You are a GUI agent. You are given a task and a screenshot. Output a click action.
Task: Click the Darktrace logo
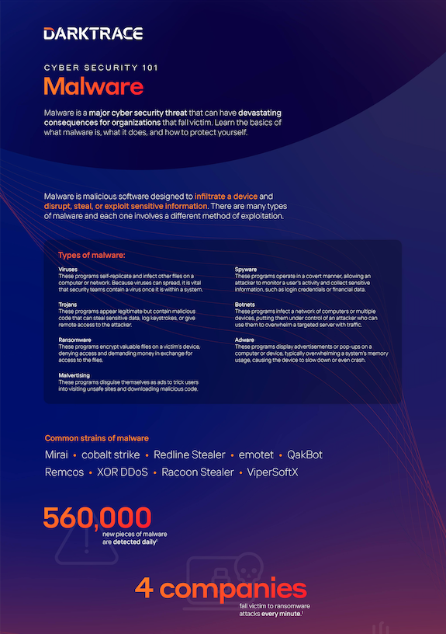(93, 33)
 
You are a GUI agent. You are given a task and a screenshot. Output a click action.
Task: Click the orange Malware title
(93, 84)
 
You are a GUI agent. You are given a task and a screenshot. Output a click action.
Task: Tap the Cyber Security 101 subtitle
(101, 68)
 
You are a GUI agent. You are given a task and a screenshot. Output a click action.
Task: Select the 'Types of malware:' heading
(92, 255)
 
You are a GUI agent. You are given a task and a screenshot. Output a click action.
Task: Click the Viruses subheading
(68, 269)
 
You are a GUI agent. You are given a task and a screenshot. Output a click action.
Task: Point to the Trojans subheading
(68, 305)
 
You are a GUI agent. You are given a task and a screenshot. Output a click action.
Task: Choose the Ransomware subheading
(74, 340)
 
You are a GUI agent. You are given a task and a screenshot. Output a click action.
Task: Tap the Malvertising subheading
(75, 376)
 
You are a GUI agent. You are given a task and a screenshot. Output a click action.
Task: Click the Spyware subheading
(247, 269)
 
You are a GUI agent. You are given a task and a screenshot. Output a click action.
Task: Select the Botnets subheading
(247, 305)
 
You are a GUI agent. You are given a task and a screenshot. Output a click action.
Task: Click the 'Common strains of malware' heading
(97, 438)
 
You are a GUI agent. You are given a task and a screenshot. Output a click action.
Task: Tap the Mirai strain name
(56, 455)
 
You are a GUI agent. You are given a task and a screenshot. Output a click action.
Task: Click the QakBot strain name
(305, 455)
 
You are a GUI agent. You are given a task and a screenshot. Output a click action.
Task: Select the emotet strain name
(257, 455)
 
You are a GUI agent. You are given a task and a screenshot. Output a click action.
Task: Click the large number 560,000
(97, 517)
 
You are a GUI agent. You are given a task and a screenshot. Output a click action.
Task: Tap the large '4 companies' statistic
(221, 588)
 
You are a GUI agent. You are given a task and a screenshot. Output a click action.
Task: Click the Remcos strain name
(64, 472)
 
